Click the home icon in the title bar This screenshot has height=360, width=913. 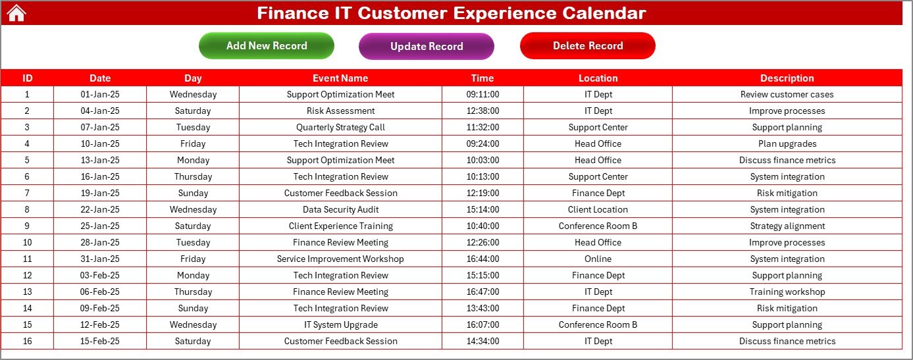(x=16, y=13)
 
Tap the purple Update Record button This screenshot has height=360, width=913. (x=427, y=46)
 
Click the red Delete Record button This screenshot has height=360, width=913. (x=588, y=45)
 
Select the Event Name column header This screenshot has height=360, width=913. (x=340, y=78)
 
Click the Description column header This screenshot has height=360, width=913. (x=787, y=78)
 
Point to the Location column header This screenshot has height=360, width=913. (x=598, y=78)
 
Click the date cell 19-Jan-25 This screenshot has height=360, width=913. (x=100, y=193)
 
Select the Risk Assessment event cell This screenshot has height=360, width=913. (x=340, y=111)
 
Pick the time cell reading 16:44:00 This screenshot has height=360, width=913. (x=483, y=259)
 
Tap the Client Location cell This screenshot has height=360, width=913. (x=598, y=209)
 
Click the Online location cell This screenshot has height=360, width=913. (x=598, y=259)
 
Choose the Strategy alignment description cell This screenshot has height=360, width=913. (x=787, y=226)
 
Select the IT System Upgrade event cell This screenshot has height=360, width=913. (x=340, y=324)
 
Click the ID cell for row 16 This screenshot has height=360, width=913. (x=27, y=341)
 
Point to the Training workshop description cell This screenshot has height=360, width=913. (x=787, y=292)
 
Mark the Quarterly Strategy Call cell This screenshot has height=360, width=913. (x=340, y=127)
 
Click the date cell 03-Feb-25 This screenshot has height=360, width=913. (x=100, y=275)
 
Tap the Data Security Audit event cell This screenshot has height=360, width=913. (x=340, y=209)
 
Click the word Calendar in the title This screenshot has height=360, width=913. (x=604, y=13)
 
